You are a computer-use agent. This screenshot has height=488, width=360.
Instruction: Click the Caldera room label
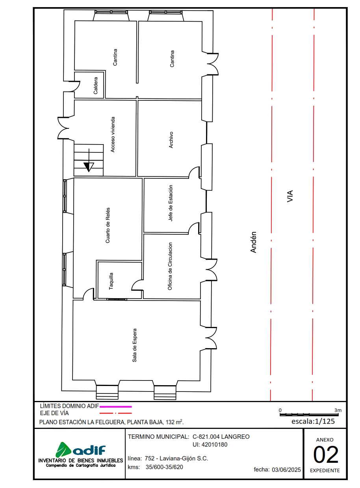(x=96, y=85)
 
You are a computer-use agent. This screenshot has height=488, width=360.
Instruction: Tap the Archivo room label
(x=171, y=140)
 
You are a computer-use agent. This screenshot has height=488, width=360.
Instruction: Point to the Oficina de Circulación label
(x=170, y=266)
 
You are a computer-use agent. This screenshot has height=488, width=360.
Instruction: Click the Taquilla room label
(x=111, y=281)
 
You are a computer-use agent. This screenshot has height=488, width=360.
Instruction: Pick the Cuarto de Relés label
(x=108, y=225)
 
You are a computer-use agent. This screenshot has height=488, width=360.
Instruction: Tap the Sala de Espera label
(x=134, y=345)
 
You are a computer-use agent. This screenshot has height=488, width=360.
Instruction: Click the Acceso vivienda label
(x=113, y=134)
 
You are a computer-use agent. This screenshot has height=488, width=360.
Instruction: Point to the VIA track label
(x=290, y=196)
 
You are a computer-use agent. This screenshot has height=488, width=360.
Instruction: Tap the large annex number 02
(x=326, y=455)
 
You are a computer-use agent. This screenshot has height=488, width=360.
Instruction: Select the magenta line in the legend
(x=115, y=406)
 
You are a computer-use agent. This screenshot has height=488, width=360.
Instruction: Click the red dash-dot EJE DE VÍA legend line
(x=115, y=413)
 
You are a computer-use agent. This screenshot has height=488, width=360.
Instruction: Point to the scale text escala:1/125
(x=313, y=421)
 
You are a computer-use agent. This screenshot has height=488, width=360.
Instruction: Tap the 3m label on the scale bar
(x=338, y=410)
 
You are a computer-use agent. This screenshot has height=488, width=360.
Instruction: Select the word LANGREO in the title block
(x=236, y=437)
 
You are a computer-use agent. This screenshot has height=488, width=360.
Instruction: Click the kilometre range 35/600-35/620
(x=164, y=467)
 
